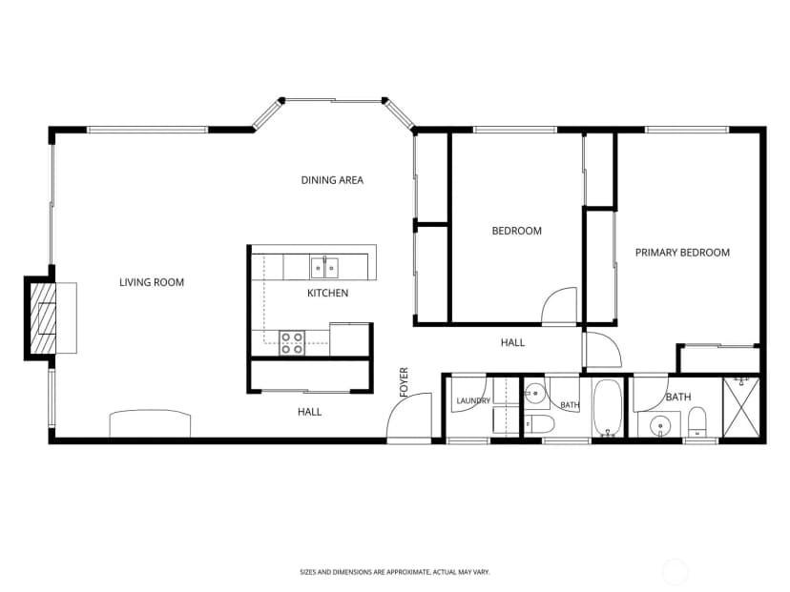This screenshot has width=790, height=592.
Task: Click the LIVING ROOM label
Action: point(152,282)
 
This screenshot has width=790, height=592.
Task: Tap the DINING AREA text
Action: point(332,180)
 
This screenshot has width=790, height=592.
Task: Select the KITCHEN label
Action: point(327,293)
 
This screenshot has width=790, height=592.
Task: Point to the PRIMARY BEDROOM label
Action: point(682,253)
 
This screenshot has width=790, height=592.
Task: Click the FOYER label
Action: point(405,382)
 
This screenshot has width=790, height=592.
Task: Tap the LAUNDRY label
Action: point(473,400)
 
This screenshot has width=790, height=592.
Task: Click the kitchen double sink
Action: point(324,267)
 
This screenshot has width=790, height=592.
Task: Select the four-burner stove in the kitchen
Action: point(292,343)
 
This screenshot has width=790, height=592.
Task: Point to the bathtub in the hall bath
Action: point(608,408)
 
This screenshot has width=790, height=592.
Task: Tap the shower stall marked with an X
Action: point(741,407)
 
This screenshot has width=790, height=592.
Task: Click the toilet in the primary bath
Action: point(697,423)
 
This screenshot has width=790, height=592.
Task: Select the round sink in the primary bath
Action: point(660,427)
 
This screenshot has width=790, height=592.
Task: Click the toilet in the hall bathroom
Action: point(539,424)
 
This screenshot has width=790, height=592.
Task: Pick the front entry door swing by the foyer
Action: point(408,416)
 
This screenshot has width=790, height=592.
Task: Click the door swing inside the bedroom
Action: point(558,305)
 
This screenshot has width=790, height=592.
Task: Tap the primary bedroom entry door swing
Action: point(603,350)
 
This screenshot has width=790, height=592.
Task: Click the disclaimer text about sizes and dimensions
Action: point(395,572)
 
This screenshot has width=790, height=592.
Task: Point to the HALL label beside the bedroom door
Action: point(512,343)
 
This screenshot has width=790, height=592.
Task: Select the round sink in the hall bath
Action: point(534,391)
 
